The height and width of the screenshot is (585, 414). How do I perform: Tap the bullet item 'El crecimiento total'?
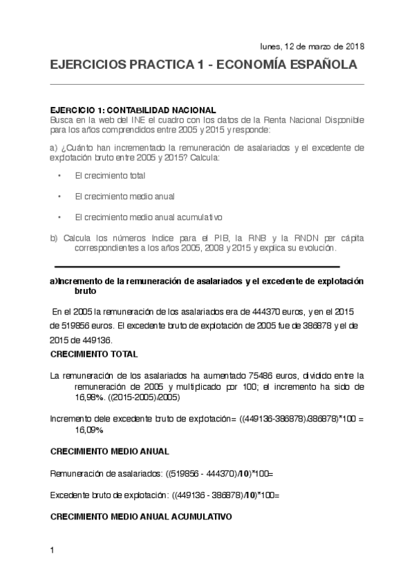(104, 175)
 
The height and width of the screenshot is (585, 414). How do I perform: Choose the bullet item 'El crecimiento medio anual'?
(115, 196)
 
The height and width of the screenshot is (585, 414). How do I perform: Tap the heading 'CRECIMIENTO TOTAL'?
(94, 354)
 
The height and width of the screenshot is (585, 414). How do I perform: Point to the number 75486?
(255, 375)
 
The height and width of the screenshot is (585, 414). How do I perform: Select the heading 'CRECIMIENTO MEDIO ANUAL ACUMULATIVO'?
(141, 516)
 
